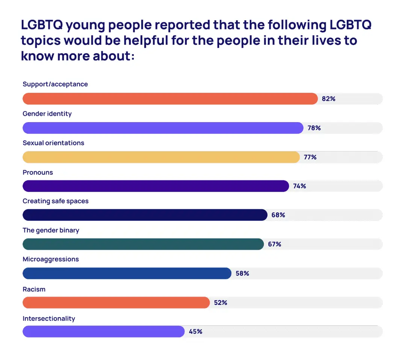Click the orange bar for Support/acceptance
pos(170,99)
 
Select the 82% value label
pos(328,99)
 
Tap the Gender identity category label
pos(47,113)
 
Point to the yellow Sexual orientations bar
pos(161,157)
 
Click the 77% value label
pos(310,157)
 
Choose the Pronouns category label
pos(38,172)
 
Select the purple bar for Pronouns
pos(156,186)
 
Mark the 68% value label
pos(278,215)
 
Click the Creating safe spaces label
pos(56,201)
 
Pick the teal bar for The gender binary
pos(143,244)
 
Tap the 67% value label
pos(274,244)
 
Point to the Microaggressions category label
pos(51,259)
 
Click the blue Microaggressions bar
pos(127,273)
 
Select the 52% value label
pos(221,303)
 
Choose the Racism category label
pos(34,289)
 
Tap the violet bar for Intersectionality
pos(103,331)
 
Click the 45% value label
pos(195,331)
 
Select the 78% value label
pos(314,128)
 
